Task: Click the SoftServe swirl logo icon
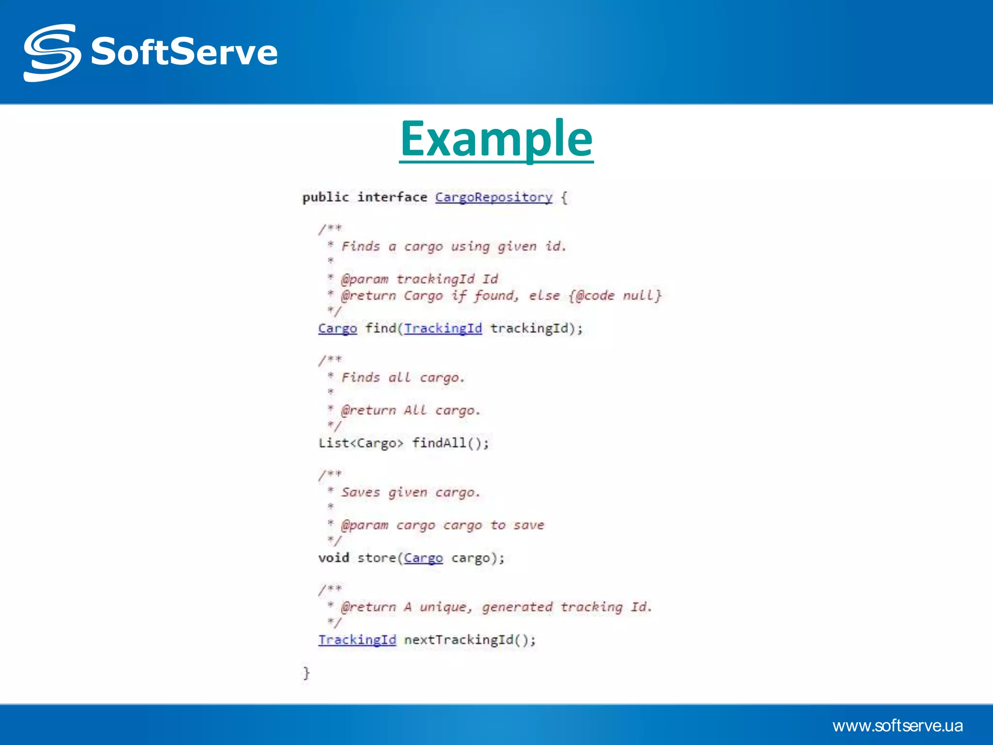click(x=51, y=52)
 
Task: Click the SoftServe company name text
click(x=184, y=52)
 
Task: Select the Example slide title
click(x=496, y=139)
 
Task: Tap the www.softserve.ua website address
click(x=897, y=726)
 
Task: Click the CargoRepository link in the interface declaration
click(x=494, y=197)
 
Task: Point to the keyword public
click(x=325, y=197)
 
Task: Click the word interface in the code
click(x=392, y=197)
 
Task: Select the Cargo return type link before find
click(x=337, y=328)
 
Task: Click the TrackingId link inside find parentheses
click(x=443, y=328)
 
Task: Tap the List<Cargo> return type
click(x=361, y=443)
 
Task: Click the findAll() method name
click(x=450, y=443)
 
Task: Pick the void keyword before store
click(x=334, y=558)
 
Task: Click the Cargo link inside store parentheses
click(x=423, y=558)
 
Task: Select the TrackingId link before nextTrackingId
click(x=357, y=640)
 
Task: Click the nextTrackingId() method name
click(x=470, y=640)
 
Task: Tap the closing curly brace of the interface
click(x=306, y=673)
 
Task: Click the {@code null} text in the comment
click(x=615, y=295)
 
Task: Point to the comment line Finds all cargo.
click(x=402, y=377)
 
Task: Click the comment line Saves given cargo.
click(x=410, y=492)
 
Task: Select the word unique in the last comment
click(x=445, y=607)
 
